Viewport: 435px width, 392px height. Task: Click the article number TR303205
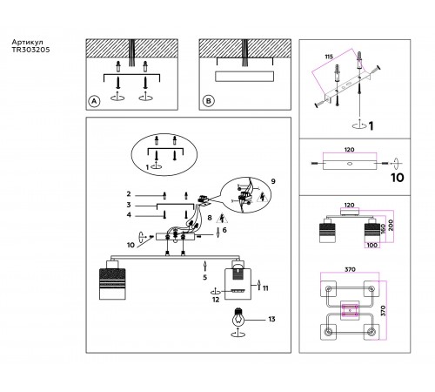tap(30, 50)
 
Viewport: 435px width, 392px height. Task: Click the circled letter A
tap(94, 101)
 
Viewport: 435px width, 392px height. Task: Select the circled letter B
tap(208, 101)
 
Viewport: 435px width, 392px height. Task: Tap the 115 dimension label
tap(329, 57)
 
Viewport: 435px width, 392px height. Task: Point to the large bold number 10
tap(397, 178)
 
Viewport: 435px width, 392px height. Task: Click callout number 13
tap(271, 320)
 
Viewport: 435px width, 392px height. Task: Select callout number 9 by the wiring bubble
tap(273, 181)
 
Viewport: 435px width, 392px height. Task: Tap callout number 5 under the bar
tap(205, 278)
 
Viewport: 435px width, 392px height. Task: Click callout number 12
tap(216, 300)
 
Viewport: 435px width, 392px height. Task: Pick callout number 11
tap(265, 288)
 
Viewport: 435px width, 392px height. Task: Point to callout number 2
tap(129, 194)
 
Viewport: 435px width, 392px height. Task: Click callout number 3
tap(129, 205)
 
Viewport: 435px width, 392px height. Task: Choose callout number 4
tap(129, 215)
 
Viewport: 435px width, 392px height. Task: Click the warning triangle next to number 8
tap(222, 218)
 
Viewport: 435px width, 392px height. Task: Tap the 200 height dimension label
tap(391, 225)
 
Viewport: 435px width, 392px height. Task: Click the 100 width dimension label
tap(372, 245)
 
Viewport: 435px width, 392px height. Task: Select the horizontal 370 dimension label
tap(350, 269)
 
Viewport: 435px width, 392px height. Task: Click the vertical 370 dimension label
tap(383, 311)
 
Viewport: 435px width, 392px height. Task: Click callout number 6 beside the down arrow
tap(224, 230)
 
